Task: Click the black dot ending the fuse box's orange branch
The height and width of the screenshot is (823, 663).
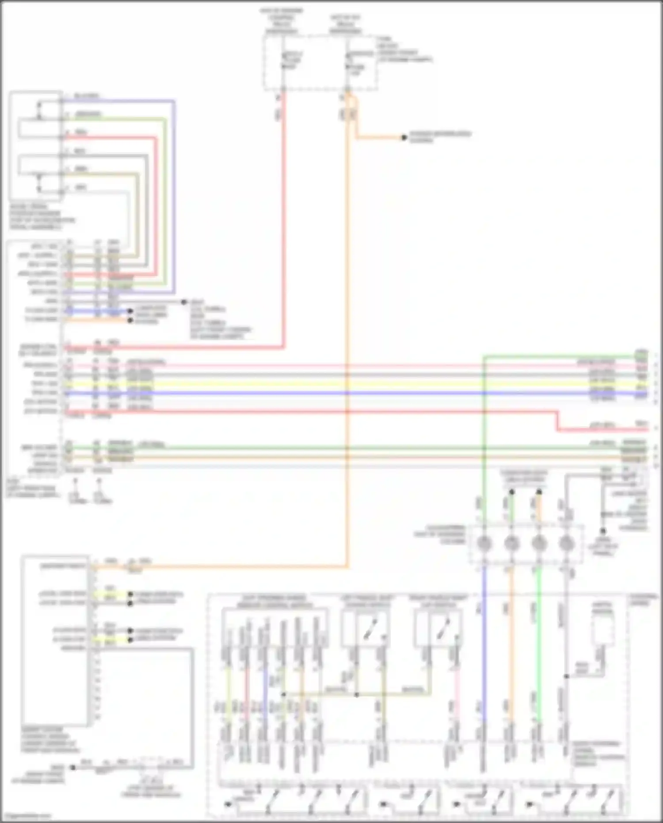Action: (x=404, y=138)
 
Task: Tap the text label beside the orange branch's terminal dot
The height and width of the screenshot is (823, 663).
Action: (x=440, y=137)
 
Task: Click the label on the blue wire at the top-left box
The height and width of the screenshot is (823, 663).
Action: (x=87, y=96)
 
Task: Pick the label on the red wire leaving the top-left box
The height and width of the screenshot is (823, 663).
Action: (x=81, y=132)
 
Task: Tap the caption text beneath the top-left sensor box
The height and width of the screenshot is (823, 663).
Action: (x=42, y=217)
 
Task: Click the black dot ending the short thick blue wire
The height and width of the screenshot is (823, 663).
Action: (x=130, y=311)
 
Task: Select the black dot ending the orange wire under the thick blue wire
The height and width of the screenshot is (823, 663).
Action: (x=130, y=321)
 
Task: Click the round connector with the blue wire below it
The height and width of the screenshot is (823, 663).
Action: (x=484, y=544)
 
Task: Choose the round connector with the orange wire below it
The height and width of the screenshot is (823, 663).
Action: (x=511, y=544)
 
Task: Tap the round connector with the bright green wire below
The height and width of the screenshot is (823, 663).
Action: (x=538, y=544)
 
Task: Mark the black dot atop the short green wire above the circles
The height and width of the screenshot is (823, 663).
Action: (x=511, y=492)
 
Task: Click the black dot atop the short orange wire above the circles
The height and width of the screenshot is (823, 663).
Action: (x=539, y=492)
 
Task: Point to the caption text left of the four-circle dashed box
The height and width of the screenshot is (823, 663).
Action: (x=439, y=534)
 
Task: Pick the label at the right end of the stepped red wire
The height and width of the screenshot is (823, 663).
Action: (x=642, y=424)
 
